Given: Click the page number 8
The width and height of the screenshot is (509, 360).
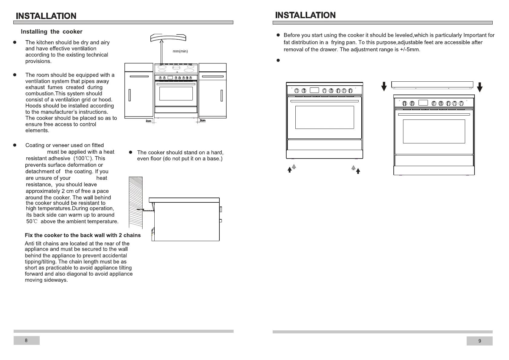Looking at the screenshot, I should [x=26, y=340].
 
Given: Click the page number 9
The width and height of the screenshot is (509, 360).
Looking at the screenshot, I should [x=480, y=341].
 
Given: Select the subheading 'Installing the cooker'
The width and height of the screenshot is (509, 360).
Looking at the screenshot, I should [x=51, y=32].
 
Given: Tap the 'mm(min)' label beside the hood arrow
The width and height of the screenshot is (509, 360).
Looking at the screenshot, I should [x=180, y=51].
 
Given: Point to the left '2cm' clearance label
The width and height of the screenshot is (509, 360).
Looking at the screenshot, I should [x=148, y=121].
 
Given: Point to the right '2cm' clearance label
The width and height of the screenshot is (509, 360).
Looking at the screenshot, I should [x=202, y=121].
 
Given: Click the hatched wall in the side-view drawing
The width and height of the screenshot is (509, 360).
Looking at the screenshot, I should [x=136, y=203].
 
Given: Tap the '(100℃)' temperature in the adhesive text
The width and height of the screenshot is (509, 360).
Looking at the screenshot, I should [x=84, y=159].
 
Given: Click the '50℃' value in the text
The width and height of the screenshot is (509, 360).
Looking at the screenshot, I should [x=32, y=221].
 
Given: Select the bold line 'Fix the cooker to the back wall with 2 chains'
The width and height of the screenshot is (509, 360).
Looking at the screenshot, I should [x=83, y=235].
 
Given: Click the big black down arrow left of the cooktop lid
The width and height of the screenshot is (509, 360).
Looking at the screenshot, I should [x=384, y=87].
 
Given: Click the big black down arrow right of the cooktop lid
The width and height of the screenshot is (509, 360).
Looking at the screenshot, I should [x=480, y=88].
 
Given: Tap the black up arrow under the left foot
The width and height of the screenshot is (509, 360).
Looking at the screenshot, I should [x=290, y=170].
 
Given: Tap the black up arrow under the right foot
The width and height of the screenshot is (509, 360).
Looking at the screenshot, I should [x=358, y=171].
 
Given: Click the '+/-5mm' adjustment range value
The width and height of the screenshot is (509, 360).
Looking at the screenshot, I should [x=409, y=50].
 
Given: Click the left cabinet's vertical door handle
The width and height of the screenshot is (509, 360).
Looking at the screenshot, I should [x=129, y=95].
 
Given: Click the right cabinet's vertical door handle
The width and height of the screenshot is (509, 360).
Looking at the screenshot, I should [x=222, y=95].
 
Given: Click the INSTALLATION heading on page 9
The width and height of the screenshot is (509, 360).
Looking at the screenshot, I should [x=305, y=15].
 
